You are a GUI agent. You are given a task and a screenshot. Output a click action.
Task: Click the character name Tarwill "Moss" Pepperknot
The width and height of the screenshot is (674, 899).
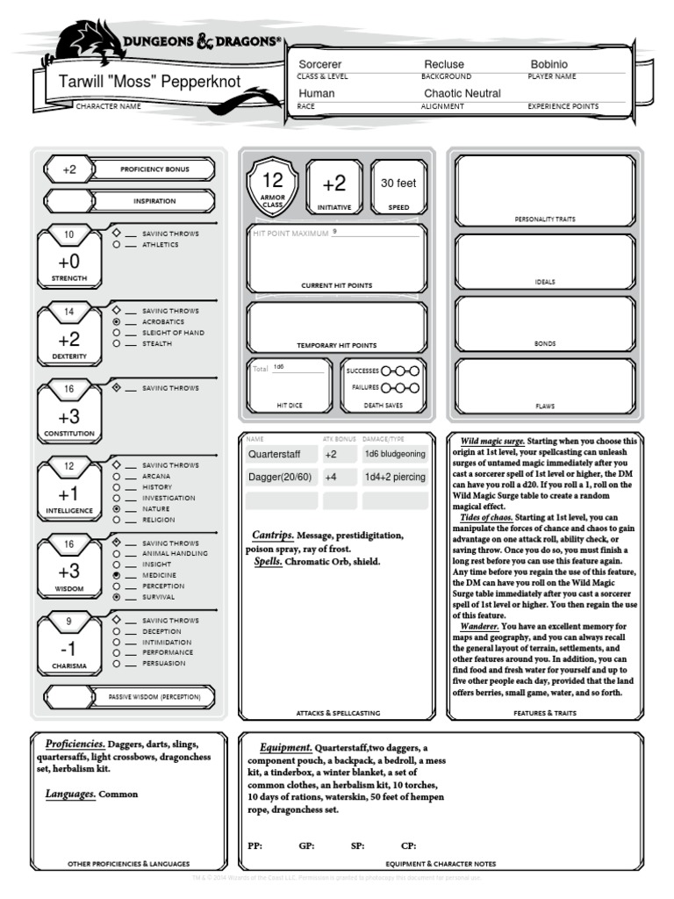click(150, 83)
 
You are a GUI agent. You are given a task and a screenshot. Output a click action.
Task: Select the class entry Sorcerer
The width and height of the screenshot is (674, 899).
click(320, 64)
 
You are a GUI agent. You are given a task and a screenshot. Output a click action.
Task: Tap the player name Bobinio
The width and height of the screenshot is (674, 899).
click(549, 64)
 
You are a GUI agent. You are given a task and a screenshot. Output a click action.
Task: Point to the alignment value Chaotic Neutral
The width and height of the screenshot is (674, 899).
click(462, 93)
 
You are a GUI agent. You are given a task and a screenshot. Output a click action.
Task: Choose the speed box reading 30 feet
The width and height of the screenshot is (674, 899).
click(399, 183)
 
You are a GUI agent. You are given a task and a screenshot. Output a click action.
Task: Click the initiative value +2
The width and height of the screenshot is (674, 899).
click(334, 183)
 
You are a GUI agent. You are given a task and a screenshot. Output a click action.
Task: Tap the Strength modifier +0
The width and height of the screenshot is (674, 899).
click(69, 262)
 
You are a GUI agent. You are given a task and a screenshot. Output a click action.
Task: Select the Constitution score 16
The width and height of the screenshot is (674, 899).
click(69, 389)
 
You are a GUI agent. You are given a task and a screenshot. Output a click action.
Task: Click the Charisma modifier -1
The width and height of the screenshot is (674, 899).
click(69, 650)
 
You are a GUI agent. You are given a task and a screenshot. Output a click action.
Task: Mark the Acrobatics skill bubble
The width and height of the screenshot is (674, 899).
click(117, 322)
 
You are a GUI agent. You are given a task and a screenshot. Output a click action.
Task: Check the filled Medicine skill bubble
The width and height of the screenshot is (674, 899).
click(117, 575)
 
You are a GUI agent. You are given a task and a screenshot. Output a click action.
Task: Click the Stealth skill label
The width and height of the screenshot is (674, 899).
click(157, 344)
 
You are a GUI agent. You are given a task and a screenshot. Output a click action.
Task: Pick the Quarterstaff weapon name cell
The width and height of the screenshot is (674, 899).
click(281, 455)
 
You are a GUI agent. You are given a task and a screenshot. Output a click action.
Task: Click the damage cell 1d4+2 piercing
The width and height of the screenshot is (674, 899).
click(395, 478)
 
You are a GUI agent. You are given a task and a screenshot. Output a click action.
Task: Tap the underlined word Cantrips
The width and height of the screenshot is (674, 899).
click(271, 535)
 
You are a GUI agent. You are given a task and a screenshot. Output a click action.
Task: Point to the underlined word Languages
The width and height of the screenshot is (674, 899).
click(69, 794)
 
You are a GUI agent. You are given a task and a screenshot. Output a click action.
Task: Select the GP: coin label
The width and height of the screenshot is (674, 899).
click(306, 846)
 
